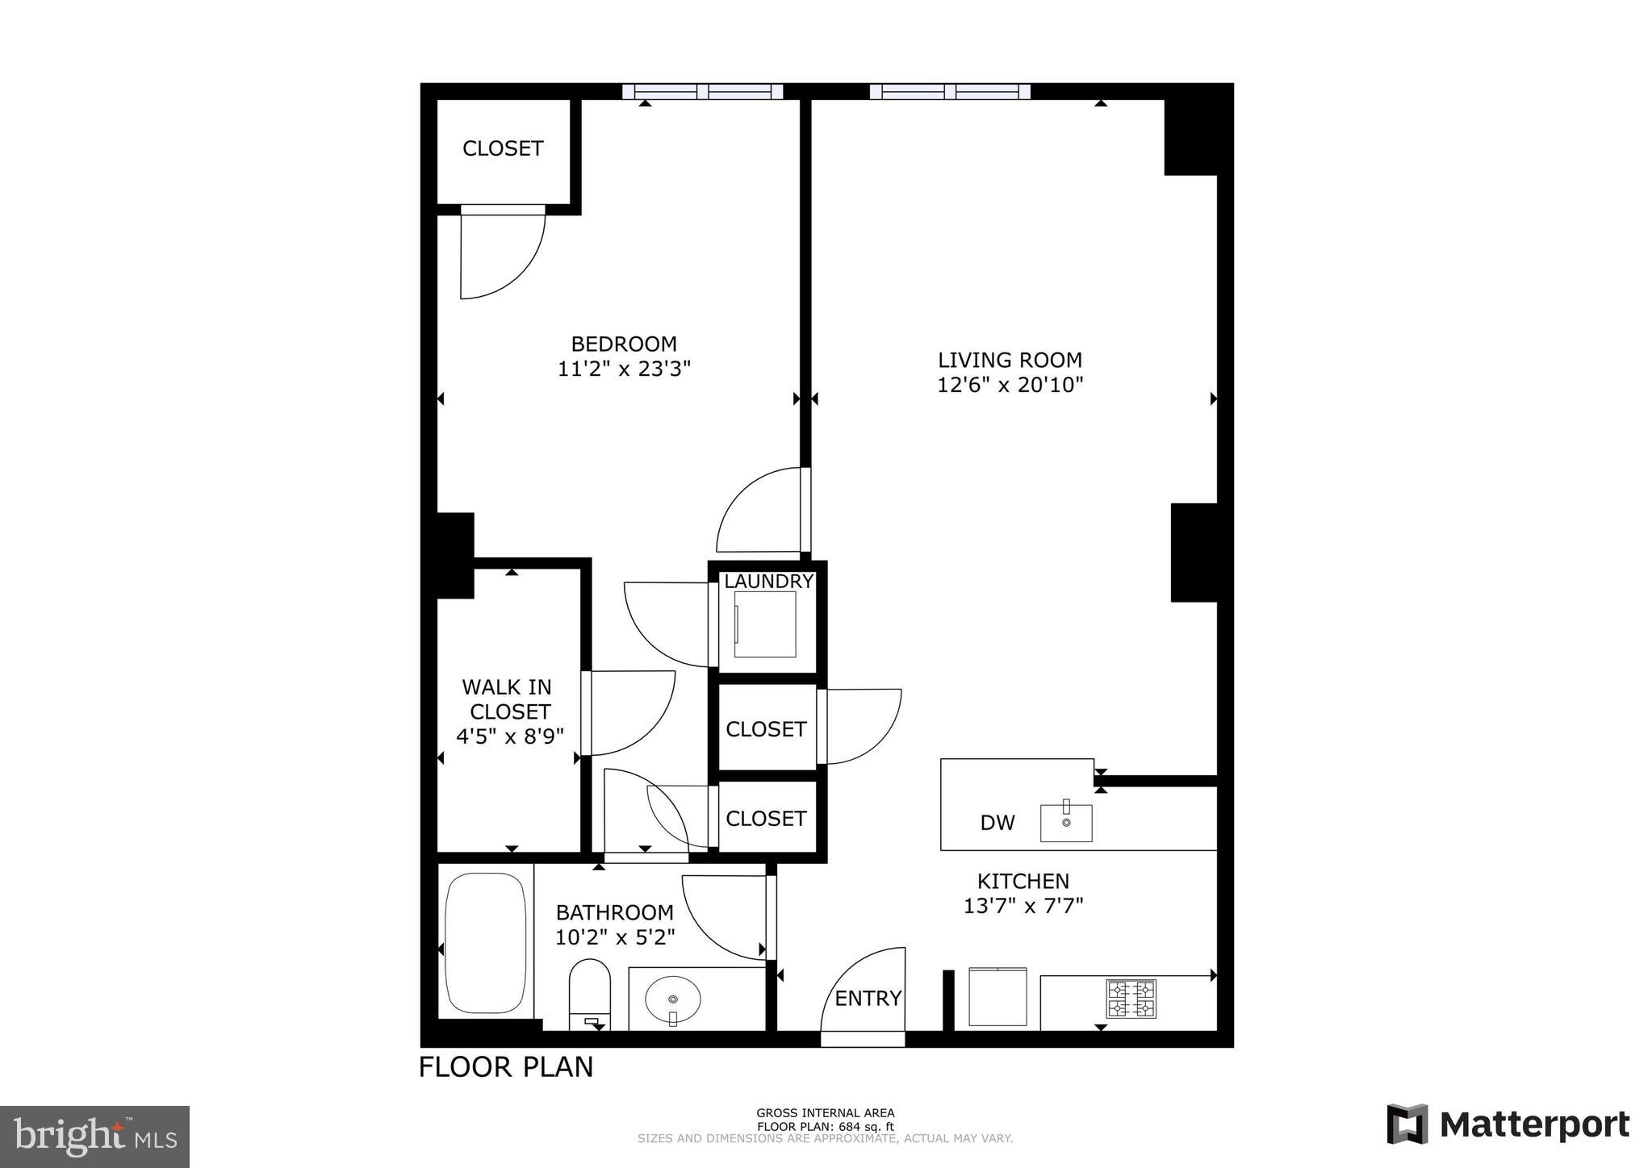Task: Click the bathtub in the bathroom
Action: [x=485, y=942]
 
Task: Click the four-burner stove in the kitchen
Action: [x=1131, y=999]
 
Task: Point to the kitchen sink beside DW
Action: [x=1065, y=822]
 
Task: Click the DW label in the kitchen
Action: [x=997, y=823]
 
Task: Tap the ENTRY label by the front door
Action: [x=868, y=999]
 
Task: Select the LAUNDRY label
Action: [x=768, y=581]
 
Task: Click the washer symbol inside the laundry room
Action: [x=764, y=624]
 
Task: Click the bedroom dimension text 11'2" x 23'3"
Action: [x=624, y=369]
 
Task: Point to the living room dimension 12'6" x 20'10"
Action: [x=1010, y=385]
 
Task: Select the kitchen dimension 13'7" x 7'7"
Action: [x=1023, y=906]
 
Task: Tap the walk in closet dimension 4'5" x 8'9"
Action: [x=509, y=736]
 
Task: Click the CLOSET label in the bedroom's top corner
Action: [x=503, y=148]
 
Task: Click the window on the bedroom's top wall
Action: [x=703, y=92]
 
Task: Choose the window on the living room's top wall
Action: [x=950, y=92]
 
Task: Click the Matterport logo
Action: [x=1508, y=1124]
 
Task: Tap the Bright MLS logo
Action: [x=94, y=1137]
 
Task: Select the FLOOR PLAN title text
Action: [x=506, y=1067]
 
